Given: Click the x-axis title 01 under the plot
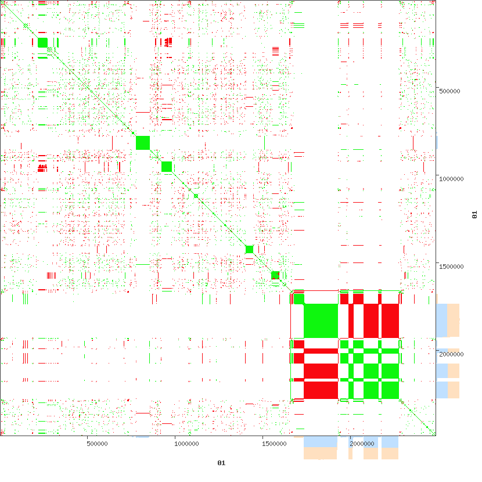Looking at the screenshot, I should click(x=221, y=463).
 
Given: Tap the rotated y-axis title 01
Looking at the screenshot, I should click(x=474, y=215).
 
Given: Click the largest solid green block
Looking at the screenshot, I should click(x=321, y=321).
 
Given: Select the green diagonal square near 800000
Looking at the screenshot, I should click(x=143, y=142).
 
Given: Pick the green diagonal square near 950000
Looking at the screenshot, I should click(x=167, y=167).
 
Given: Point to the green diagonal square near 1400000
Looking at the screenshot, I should click(x=249, y=249).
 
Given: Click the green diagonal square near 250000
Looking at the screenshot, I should click(x=42, y=42).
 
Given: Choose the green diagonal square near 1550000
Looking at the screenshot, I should click(x=275, y=275).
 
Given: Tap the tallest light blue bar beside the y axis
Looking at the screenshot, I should click(x=441, y=321).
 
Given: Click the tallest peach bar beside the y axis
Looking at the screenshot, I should click(x=454, y=321).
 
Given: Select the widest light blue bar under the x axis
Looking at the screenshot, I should click(x=321, y=442).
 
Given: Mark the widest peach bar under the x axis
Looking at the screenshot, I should click(x=321, y=454).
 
